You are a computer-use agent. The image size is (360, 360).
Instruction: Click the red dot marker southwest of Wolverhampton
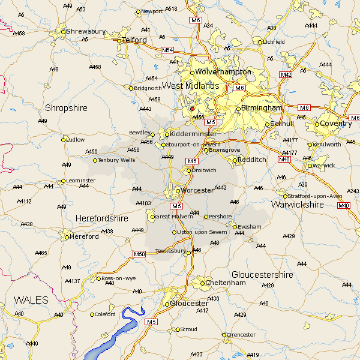[192, 109]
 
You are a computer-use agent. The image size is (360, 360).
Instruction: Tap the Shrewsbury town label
[86, 31]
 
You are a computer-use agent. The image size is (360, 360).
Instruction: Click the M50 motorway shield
[139, 254]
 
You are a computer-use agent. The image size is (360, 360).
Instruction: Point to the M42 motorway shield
[286, 74]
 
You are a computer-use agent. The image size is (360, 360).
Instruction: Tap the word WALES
[31, 299]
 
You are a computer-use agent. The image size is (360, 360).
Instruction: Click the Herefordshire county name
[101, 219]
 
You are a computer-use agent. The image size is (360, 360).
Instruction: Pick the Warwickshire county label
[298, 205]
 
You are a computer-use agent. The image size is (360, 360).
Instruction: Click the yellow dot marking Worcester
[178, 191]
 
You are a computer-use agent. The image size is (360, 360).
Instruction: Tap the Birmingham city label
[262, 108]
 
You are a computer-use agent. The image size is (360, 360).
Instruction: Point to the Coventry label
[336, 124]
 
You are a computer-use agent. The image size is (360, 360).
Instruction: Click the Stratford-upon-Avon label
[316, 196]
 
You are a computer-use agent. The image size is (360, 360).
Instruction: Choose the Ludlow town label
[76, 140]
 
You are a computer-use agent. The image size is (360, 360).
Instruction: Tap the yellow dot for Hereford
[67, 237]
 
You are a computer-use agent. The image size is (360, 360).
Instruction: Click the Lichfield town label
[274, 42]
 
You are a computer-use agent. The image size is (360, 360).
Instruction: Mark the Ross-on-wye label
[119, 278]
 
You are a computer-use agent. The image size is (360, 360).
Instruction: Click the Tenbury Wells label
[118, 160]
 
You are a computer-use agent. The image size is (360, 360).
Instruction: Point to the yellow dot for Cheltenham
[202, 283]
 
